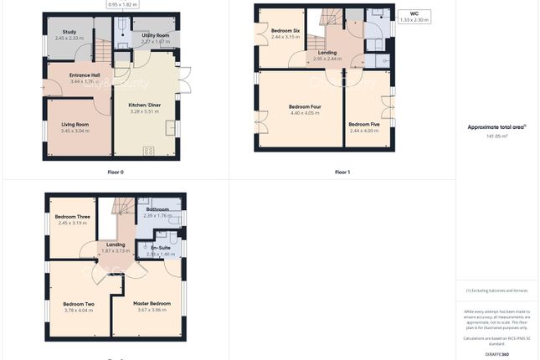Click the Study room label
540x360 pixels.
(69, 32)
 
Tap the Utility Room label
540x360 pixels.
(156, 35)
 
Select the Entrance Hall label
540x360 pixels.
(85, 75)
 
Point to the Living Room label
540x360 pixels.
(75, 125)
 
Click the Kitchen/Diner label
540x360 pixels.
(144, 105)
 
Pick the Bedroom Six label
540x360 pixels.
(285, 31)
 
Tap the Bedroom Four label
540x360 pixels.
(305, 106)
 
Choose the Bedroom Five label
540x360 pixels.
(364, 125)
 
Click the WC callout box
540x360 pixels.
(414, 16)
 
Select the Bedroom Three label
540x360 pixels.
(72, 217)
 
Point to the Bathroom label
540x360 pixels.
(157, 209)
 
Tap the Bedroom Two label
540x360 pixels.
(79, 304)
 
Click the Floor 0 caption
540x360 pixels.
(116, 172)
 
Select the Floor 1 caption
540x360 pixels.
(342, 172)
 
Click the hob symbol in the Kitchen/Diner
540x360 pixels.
(148, 151)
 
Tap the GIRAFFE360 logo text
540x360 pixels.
(497, 355)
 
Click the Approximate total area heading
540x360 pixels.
(496, 126)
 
